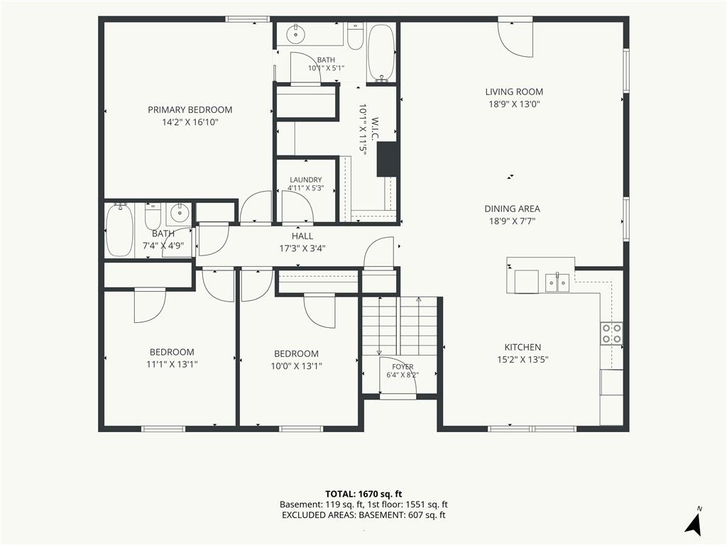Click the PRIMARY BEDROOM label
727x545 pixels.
click(x=190, y=110)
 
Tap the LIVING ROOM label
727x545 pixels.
click(x=514, y=92)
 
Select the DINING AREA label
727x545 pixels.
click(x=513, y=209)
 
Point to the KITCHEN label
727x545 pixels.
click(x=523, y=347)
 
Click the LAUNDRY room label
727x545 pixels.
click(x=305, y=180)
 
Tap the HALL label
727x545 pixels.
click(x=302, y=236)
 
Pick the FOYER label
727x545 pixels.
click(x=403, y=367)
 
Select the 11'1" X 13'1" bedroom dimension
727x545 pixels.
click(x=172, y=364)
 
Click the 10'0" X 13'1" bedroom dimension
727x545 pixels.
click(x=296, y=365)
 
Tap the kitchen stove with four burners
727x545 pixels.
click(x=611, y=334)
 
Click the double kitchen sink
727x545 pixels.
click(x=557, y=282)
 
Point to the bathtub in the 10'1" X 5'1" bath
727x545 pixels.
click(x=381, y=53)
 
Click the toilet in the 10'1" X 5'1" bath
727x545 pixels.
click(x=356, y=37)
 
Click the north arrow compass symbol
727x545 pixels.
click(x=694, y=523)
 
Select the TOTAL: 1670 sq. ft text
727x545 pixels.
click(x=363, y=494)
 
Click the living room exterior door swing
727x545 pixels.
click(x=515, y=39)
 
